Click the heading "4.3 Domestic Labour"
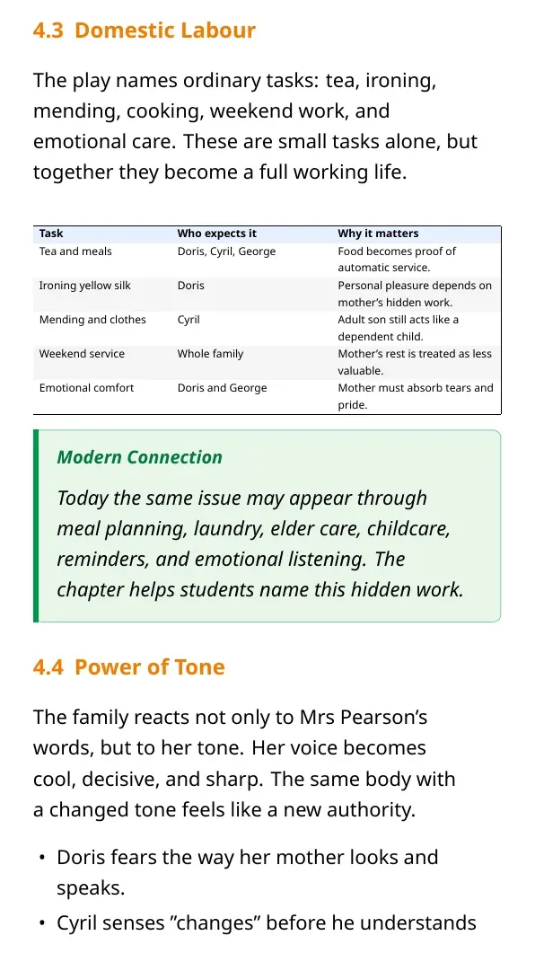pyautogui.click(x=145, y=31)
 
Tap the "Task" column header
pyautogui.click(x=51, y=234)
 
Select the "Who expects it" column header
pyautogui.click(x=217, y=234)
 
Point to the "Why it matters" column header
pyautogui.click(x=378, y=234)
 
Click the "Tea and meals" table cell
pyautogui.click(x=75, y=251)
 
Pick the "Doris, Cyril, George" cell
pyautogui.click(x=226, y=251)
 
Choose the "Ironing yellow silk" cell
pyautogui.click(x=84, y=286)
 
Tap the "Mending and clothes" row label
pyautogui.click(x=92, y=320)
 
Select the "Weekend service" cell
pyautogui.click(x=82, y=354)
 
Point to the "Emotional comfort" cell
pyautogui.click(x=86, y=388)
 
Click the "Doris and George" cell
pyautogui.click(x=222, y=388)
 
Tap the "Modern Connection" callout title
pyautogui.click(x=140, y=457)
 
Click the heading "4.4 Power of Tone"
pyautogui.click(x=128, y=666)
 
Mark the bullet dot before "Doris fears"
pyautogui.click(x=41, y=858)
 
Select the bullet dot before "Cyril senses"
pyautogui.click(x=41, y=923)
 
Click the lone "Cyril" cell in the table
pyautogui.click(x=189, y=320)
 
